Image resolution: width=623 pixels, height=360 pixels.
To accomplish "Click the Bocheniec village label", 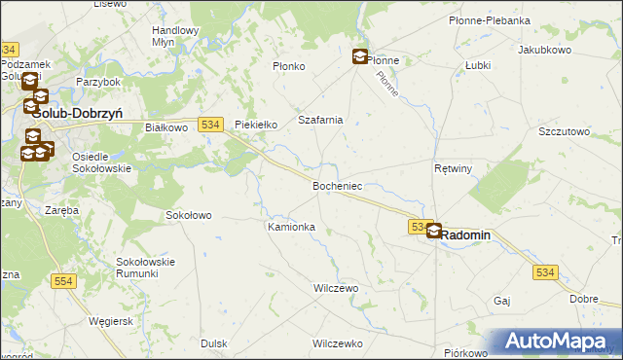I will [338, 185].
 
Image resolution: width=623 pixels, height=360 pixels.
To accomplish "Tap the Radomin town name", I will [467, 235].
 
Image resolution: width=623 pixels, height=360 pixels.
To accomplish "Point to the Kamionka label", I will [291, 227].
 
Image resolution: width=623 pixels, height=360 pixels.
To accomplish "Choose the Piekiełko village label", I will [258, 125].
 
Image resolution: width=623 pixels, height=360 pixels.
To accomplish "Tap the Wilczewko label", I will [337, 343].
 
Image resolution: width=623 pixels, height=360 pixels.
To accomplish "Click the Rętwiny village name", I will [453, 168].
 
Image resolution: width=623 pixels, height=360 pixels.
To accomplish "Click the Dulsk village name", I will [213, 343].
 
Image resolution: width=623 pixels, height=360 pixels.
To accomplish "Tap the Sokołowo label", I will [188, 214].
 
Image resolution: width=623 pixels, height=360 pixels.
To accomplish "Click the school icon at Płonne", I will [360, 57].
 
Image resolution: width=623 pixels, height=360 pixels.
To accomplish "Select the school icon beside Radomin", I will [433, 231].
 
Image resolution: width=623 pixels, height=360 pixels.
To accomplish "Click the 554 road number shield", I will [64, 281].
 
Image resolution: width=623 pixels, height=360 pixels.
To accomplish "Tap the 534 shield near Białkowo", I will [211, 124].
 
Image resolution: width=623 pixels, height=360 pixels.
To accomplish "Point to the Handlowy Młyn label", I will [175, 36].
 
